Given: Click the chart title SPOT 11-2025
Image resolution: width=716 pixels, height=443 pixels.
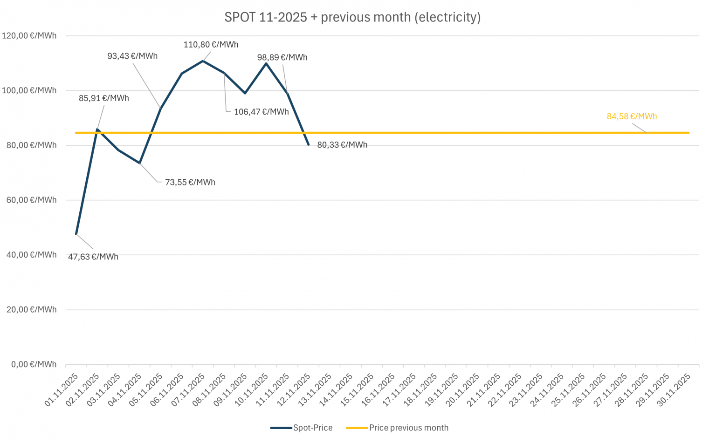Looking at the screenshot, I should [352, 17].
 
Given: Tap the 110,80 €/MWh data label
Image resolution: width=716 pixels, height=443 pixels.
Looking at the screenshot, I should [211, 45].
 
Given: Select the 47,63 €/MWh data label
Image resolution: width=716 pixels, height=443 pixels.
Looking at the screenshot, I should [93, 257].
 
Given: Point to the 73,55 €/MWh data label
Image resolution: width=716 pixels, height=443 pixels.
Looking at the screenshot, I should [190, 182].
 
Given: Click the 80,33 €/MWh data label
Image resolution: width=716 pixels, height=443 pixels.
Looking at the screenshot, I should [342, 145].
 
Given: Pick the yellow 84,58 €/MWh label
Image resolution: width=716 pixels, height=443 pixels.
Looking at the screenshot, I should [632, 116].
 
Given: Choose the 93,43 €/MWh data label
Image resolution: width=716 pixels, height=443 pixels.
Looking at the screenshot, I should [132, 56].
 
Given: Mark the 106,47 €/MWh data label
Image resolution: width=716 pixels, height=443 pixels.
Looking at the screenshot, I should [261, 112].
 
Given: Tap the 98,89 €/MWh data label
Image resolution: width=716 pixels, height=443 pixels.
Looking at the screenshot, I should [282, 57].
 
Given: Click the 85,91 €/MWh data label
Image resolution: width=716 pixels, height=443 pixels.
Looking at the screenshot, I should [104, 98].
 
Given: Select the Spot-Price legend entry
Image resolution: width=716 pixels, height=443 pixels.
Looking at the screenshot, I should [302, 428].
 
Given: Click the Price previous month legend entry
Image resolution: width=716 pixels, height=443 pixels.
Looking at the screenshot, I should [397, 428].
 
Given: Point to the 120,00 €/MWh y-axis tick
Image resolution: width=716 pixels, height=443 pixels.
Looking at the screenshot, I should [29, 36].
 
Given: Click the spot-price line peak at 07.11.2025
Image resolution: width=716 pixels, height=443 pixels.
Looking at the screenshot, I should [203, 61].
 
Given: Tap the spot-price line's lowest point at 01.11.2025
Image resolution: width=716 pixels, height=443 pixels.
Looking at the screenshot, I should [76, 234].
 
